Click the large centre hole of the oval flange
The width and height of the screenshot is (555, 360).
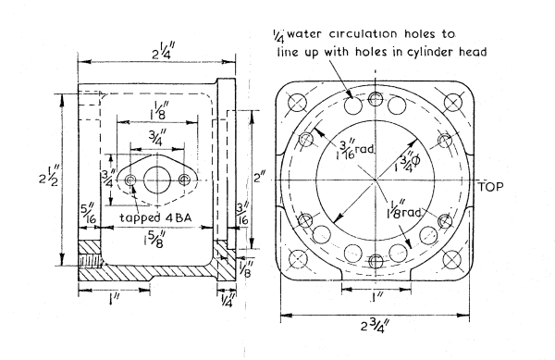click(x=156, y=179)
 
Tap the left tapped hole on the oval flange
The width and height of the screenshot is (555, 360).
click(x=130, y=179)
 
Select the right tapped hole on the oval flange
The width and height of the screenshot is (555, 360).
click(x=183, y=179)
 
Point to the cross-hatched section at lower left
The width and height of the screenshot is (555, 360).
click(x=90, y=265)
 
